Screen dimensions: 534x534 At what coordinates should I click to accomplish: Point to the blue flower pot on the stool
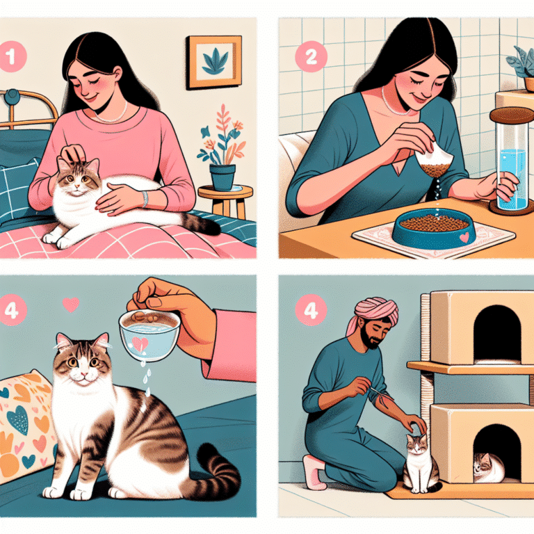pyautogui.click(x=222, y=176)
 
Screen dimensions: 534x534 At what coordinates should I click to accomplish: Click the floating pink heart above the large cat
pyautogui.click(x=70, y=304)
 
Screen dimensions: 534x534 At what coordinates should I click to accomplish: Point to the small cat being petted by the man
pyautogui.click(x=421, y=462)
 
